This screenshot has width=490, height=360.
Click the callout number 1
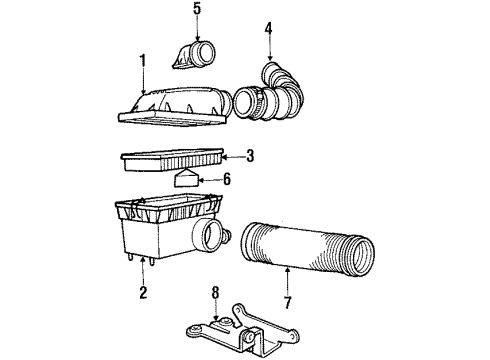click(142, 61)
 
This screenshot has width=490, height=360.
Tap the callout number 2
click(143, 293)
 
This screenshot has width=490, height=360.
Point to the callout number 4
click(268, 28)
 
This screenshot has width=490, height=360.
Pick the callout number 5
click(197, 10)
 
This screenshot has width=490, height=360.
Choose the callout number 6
click(226, 182)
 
